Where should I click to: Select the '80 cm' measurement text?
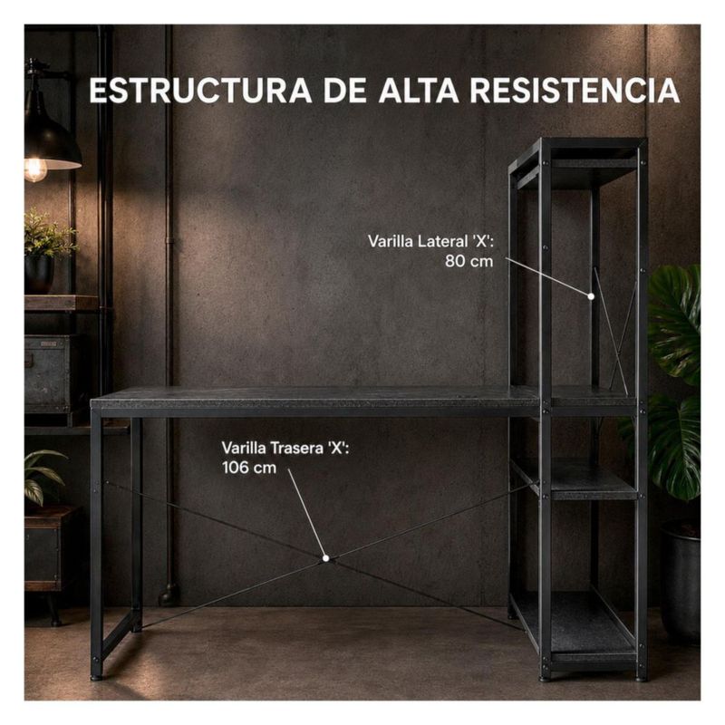pos(469,261)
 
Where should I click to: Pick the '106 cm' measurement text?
pos(248,468)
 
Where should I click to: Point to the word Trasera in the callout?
pos(297,448)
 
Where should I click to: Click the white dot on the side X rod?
pos(591,296)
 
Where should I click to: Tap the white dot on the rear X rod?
pos(325,558)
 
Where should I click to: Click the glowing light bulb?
pos(35,169)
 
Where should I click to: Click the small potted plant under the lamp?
pos(45,252)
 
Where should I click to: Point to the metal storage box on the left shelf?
pos(47,372)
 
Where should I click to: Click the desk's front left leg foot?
pos(96,677)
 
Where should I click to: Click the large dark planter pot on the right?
pos(680,583)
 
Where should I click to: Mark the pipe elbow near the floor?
pos(169,594)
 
